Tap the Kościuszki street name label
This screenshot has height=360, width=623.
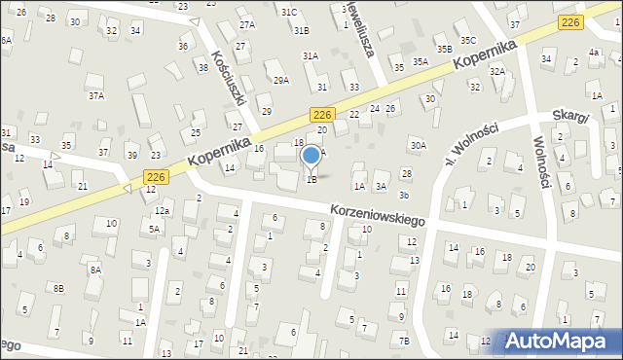tap(235, 77)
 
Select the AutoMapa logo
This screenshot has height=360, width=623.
tap(558, 342)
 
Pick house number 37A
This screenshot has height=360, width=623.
tap(95, 95)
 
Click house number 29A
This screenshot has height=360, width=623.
tap(281, 80)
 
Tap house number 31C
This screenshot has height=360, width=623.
tap(289, 12)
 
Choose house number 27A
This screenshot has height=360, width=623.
tap(247, 24)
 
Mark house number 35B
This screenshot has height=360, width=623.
tap(444, 49)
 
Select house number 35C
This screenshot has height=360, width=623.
tap(468, 40)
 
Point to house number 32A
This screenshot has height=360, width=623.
tap(497, 71)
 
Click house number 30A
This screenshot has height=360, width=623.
tap(418, 145)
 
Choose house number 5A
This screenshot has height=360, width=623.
tap(154, 229)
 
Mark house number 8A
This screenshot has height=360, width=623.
tap(94, 270)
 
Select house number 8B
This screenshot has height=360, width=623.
tap(58, 288)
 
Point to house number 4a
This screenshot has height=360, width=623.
tap(593, 52)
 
